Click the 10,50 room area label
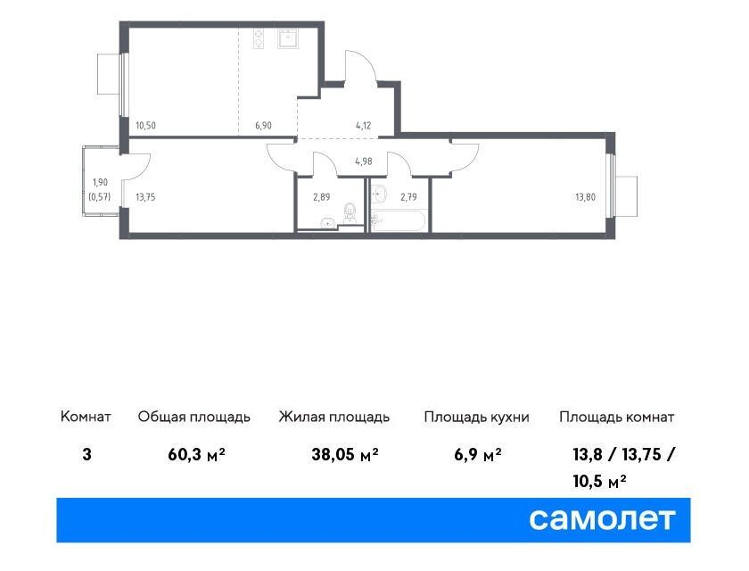(145, 126)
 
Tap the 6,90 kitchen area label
(263, 126)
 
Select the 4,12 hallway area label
(364, 126)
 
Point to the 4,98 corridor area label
(364, 161)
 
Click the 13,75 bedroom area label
(145, 197)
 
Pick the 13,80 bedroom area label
(585, 197)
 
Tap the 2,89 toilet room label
(322, 197)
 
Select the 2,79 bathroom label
(409, 197)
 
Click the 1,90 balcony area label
(100, 182)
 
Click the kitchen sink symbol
(288, 38)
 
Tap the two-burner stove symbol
(259, 38)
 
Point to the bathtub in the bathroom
(398, 221)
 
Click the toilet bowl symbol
(350, 213)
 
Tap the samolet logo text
(602, 519)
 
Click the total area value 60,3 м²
(196, 454)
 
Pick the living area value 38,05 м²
(345, 454)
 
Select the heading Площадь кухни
(477, 418)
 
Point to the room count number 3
(86, 454)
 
